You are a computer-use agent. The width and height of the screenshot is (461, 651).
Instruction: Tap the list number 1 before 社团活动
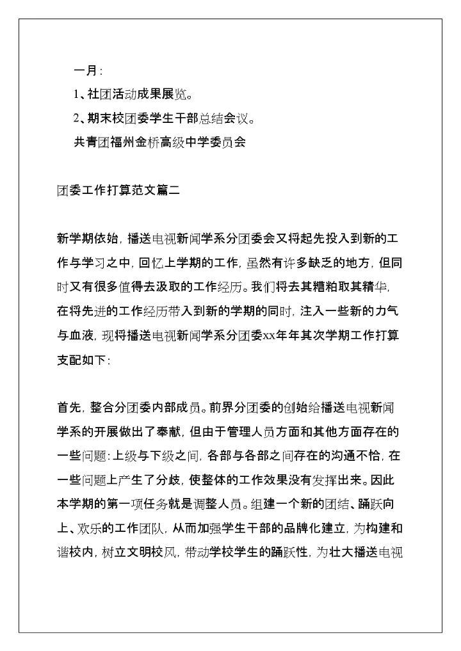point(76,95)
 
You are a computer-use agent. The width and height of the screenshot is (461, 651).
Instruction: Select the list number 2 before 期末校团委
point(76,118)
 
